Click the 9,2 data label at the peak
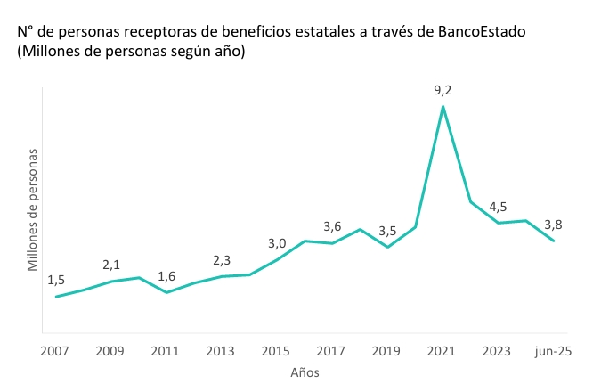tap(443, 89)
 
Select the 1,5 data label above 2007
tap(56, 280)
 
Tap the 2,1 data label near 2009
tap(111, 265)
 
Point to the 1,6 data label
tap(166, 276)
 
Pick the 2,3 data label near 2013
tap(222, 260)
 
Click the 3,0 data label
tap(277, 243)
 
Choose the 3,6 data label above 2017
tap(332, 226)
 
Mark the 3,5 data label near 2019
tap(387, 231)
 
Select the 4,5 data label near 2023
tap(498, 207)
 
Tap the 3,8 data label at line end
tap(553, 225)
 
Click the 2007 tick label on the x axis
tap(55, 351)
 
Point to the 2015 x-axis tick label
tap(276, 351)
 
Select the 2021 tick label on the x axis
tap(443, 351)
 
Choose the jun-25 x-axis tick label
tap(553, 351)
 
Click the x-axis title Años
tap(305, 372)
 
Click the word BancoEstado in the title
tap(483, 32)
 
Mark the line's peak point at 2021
tap(443, 107)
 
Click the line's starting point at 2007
tap(56, 297)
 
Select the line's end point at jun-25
tap(553, 241)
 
